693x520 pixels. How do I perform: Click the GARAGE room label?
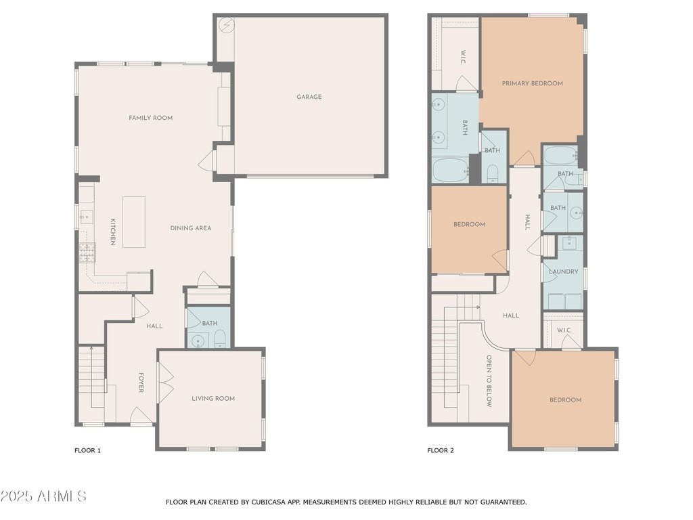[309, 97]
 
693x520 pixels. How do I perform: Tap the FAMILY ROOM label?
[151, 118]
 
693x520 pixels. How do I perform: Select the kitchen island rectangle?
[134, 222]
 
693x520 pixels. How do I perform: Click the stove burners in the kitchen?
[87, 253]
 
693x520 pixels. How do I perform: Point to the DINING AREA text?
[191, 228]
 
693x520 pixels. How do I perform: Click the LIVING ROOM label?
[213, 398]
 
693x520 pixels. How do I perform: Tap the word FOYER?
[141, 383]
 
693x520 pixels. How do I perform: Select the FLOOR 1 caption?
[87, 450]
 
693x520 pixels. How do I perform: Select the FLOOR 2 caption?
[441, 450]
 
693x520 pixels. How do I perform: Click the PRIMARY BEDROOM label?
[533, 83]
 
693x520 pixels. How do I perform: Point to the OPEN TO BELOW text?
[489, 381]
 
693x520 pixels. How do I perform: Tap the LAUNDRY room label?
[564, 272]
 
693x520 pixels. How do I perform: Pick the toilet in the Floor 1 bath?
[220, 339]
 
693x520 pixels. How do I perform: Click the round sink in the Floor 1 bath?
[198, 341]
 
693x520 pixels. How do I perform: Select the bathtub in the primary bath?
[451, 170]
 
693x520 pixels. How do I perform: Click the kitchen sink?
[86, 217]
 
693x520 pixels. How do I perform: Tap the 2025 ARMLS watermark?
[43, 496]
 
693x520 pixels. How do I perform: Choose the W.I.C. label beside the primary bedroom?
[463, 57]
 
